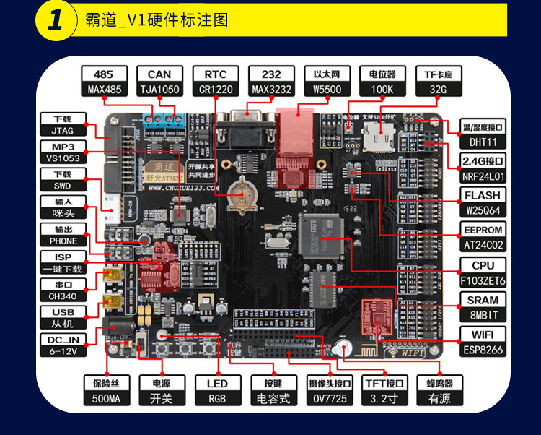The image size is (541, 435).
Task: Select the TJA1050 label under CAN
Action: [159, 90]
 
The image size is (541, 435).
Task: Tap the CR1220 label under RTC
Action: [216, 90]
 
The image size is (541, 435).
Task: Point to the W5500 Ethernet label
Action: [327, 90]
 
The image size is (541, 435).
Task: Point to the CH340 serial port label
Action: [63, 296]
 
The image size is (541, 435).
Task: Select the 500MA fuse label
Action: [104, 398]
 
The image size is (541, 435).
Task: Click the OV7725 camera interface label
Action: [328, 398]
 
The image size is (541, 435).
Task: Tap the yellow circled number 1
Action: [56, 20]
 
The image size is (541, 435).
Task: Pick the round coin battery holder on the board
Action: [239, 193]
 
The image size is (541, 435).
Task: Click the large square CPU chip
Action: [322, 236]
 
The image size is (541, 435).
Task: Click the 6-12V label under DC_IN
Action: [63, 351]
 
